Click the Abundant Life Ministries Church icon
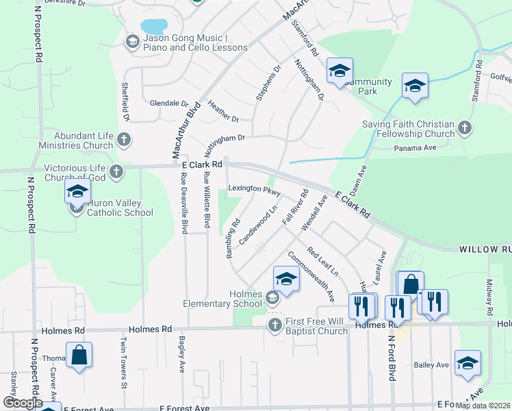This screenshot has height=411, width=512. (x=123, y=140)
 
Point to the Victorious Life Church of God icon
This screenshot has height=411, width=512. (x=116, y=171)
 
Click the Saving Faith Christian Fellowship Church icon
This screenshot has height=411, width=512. (x=464, y=128)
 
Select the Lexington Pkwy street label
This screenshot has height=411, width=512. (x=255, y=188)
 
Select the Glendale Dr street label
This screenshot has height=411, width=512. (x=164, y=103)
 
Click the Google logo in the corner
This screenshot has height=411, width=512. (x=23, y=403)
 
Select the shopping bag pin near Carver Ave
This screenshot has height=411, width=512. (x=79, y=356)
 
